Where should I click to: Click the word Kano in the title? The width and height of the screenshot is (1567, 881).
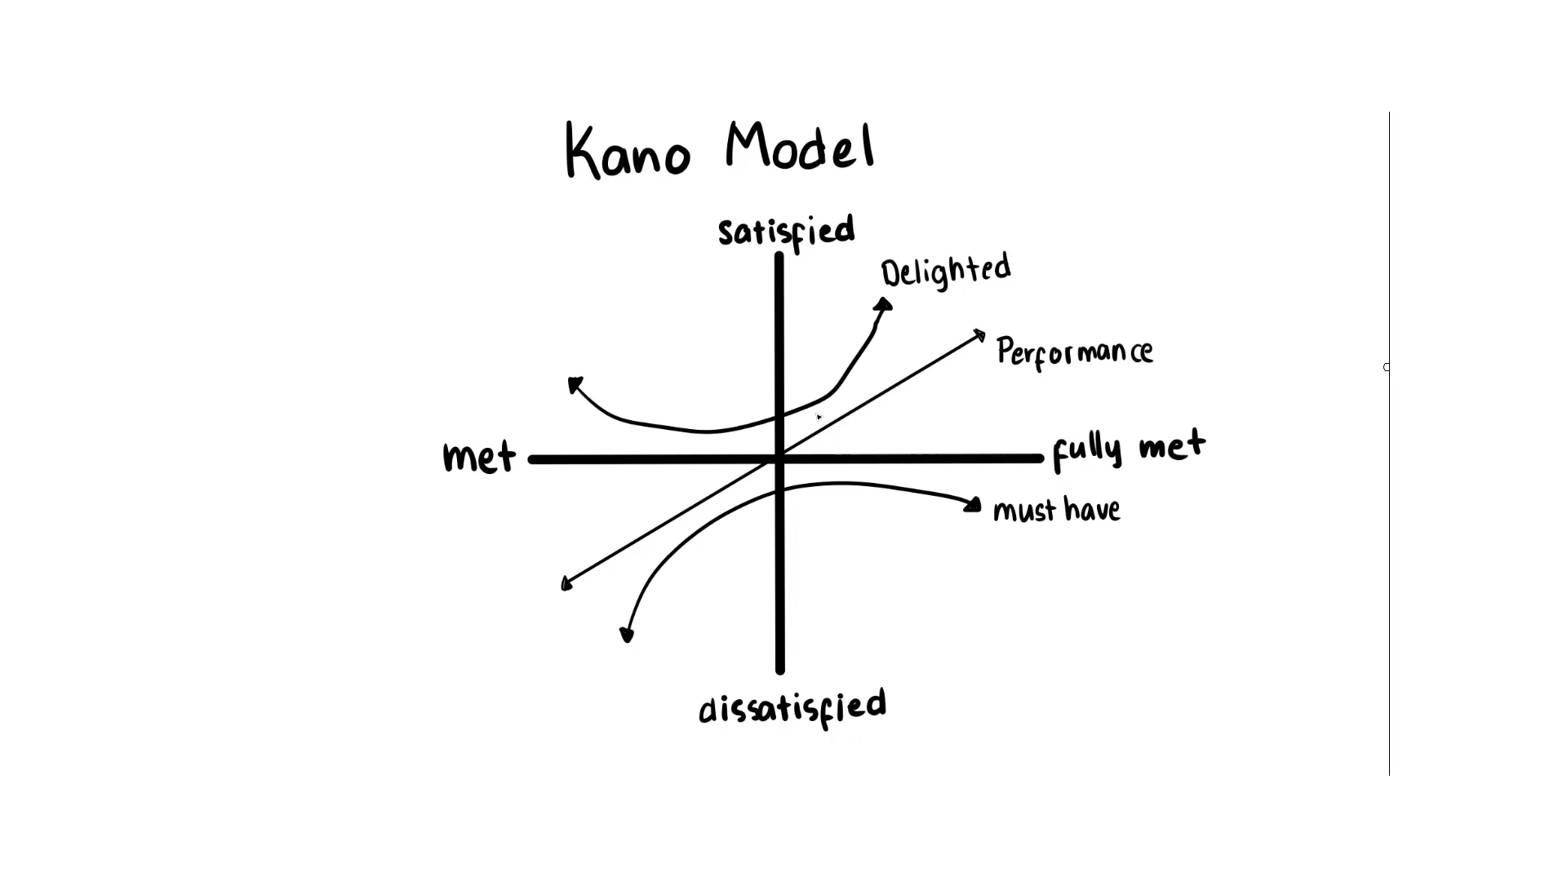(x=627, y=151)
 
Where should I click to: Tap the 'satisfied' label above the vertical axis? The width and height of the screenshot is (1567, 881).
(x=787, y=232)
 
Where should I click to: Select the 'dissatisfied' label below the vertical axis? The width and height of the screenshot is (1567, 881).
(x=792, y=708)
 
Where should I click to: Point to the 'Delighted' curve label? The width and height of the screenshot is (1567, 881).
(x=946, y=272)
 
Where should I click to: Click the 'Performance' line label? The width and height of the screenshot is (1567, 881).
(x=1075, y=352)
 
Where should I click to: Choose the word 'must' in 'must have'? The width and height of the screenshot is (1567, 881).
(x=1025, y=511)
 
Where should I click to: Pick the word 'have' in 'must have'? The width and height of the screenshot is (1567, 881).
(x=1092, y=509)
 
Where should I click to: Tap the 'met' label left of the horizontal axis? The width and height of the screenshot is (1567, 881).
(x=479, y=457)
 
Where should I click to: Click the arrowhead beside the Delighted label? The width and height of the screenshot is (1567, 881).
(x=883, y=305)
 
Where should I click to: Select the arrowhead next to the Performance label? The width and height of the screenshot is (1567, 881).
(x=979, y=334)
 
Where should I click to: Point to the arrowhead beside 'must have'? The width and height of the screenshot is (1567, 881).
(x=972, y=506)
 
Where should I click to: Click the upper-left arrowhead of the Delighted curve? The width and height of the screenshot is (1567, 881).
(x=575, y=384)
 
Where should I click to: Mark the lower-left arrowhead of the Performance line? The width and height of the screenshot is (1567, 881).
(x=566, y=583)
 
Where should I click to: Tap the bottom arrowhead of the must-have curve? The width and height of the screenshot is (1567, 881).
(x=627, y=635)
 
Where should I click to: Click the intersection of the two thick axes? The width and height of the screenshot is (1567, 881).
(x=779, y=459)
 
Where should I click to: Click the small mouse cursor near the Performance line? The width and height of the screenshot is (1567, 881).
(x=819, y=417)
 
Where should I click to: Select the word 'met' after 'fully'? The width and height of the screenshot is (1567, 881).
(x=1172, y=445)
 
